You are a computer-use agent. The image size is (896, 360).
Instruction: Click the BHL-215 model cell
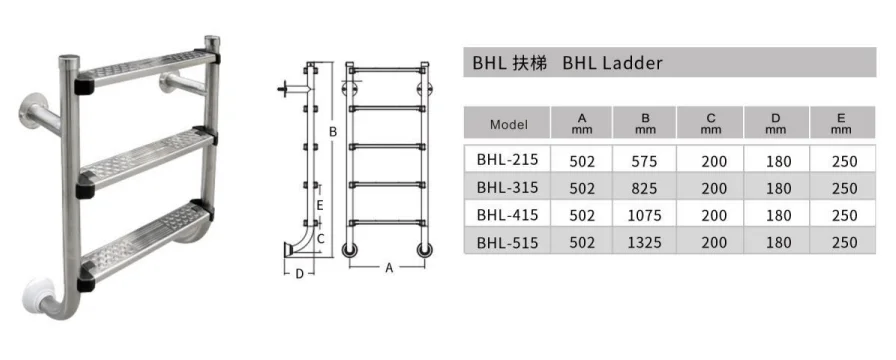507,159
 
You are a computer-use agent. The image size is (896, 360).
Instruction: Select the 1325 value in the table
645,243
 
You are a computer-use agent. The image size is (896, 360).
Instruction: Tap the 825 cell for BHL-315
645,188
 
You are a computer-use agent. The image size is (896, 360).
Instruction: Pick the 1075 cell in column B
645,215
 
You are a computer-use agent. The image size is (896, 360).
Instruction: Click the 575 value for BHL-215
645,161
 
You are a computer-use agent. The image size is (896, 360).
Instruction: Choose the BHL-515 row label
507,243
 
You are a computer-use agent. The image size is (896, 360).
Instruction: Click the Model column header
509,125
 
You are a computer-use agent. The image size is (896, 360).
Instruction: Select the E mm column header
841,123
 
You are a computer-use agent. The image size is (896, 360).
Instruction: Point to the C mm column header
710,123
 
